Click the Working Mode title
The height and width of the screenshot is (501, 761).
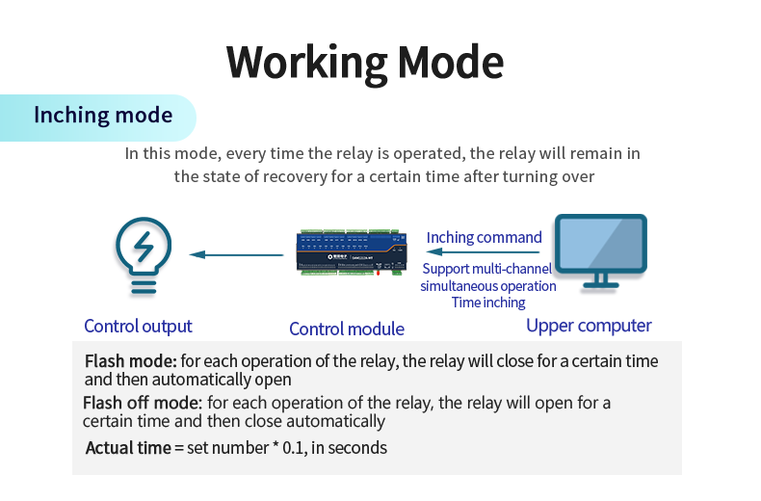click(365, 61)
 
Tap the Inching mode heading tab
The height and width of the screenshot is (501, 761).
click(103, 116)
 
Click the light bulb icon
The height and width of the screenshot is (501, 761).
click(143, 256)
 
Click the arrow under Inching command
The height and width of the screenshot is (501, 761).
click(483, 253)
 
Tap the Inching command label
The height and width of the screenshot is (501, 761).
click(484, 237)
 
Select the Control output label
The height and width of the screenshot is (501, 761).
click(138, 326)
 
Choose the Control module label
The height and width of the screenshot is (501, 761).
click(347, 329)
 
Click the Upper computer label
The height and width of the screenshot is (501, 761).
click(589, 326)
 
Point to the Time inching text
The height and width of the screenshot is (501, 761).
click(488, 303)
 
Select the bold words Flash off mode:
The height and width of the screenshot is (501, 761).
click(143, 402)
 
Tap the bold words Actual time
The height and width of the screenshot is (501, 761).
click(128, 447)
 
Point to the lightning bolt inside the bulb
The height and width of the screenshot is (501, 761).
click(144, 248)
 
